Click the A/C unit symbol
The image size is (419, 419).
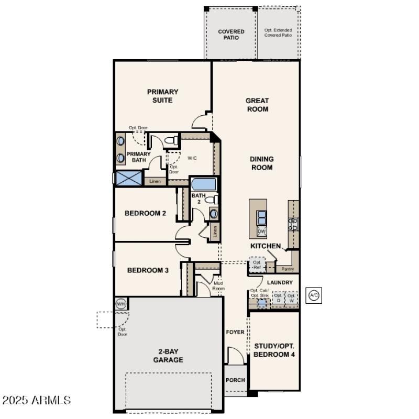point(314,295)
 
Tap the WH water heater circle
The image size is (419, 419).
point(121,304)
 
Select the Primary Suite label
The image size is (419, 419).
point(162,96)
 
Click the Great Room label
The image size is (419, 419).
point(257,105)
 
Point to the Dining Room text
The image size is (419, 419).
point(261,163)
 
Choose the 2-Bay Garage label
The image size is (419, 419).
point(168,356)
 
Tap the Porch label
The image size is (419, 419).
point(235,380)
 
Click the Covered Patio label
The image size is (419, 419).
point(231,35)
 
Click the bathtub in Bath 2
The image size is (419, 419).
point(203,184)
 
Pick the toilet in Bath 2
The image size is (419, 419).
point(212,200)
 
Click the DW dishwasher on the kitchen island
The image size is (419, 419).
point(261,231)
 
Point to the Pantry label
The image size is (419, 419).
point(288,269)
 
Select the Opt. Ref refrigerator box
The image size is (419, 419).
point(257,265)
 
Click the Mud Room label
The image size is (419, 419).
point(218,286)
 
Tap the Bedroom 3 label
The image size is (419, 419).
point(148,270)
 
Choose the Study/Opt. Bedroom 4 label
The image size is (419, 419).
point(274,350)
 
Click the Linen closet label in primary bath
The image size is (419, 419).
point(155,181)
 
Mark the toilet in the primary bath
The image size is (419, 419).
point(170,140)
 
